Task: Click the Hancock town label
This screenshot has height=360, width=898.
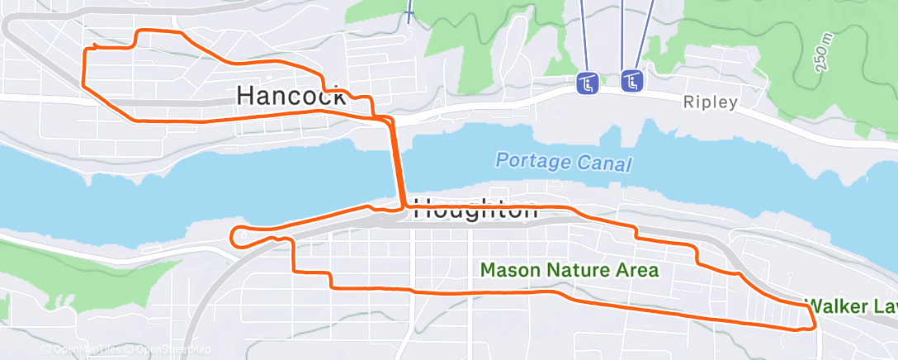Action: (291, 96)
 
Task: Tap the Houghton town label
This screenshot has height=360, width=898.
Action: (475, 210)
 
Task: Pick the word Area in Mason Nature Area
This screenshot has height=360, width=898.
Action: (637, 270)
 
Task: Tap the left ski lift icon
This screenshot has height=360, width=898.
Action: (588, 83)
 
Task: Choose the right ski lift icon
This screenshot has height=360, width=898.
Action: (632, 80)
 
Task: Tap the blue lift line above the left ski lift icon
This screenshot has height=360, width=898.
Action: (584, 33)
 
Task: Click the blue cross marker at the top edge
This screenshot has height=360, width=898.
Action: (409, 14)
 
